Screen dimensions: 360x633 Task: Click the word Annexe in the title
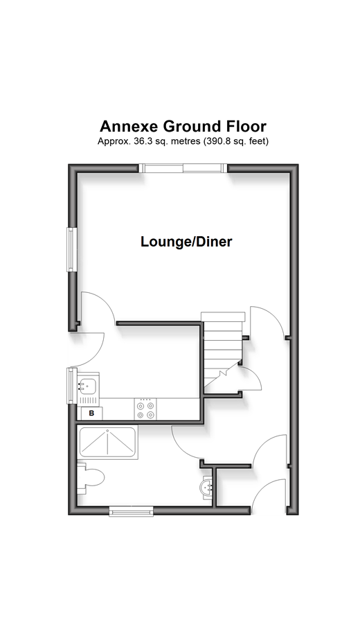click(129, 126)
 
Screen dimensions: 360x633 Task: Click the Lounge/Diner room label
click(186, 242)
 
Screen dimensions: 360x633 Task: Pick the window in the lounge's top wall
click(183, 168)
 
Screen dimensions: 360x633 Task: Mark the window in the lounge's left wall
click(72, 249)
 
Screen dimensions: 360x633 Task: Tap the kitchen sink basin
click(88, 386)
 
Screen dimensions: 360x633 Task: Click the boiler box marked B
click(91, 413)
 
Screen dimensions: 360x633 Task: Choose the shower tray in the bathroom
click(107, 442)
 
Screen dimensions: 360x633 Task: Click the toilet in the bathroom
click(91, 478)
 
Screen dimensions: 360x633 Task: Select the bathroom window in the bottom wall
click(131, 511)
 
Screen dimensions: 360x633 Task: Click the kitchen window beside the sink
click(71, 386)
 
